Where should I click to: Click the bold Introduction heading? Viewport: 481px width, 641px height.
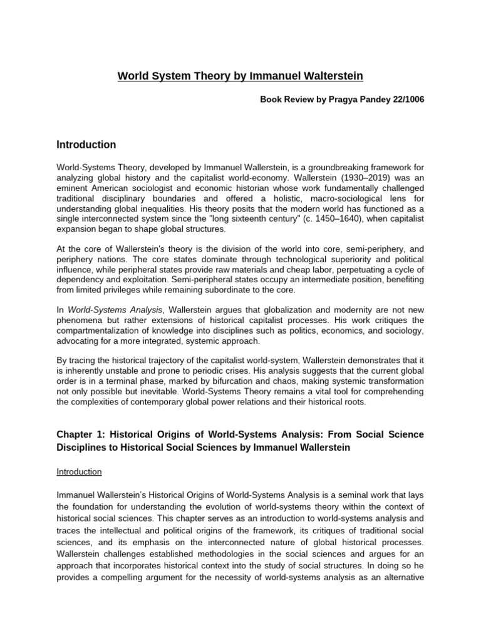click(x=86, y=145)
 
